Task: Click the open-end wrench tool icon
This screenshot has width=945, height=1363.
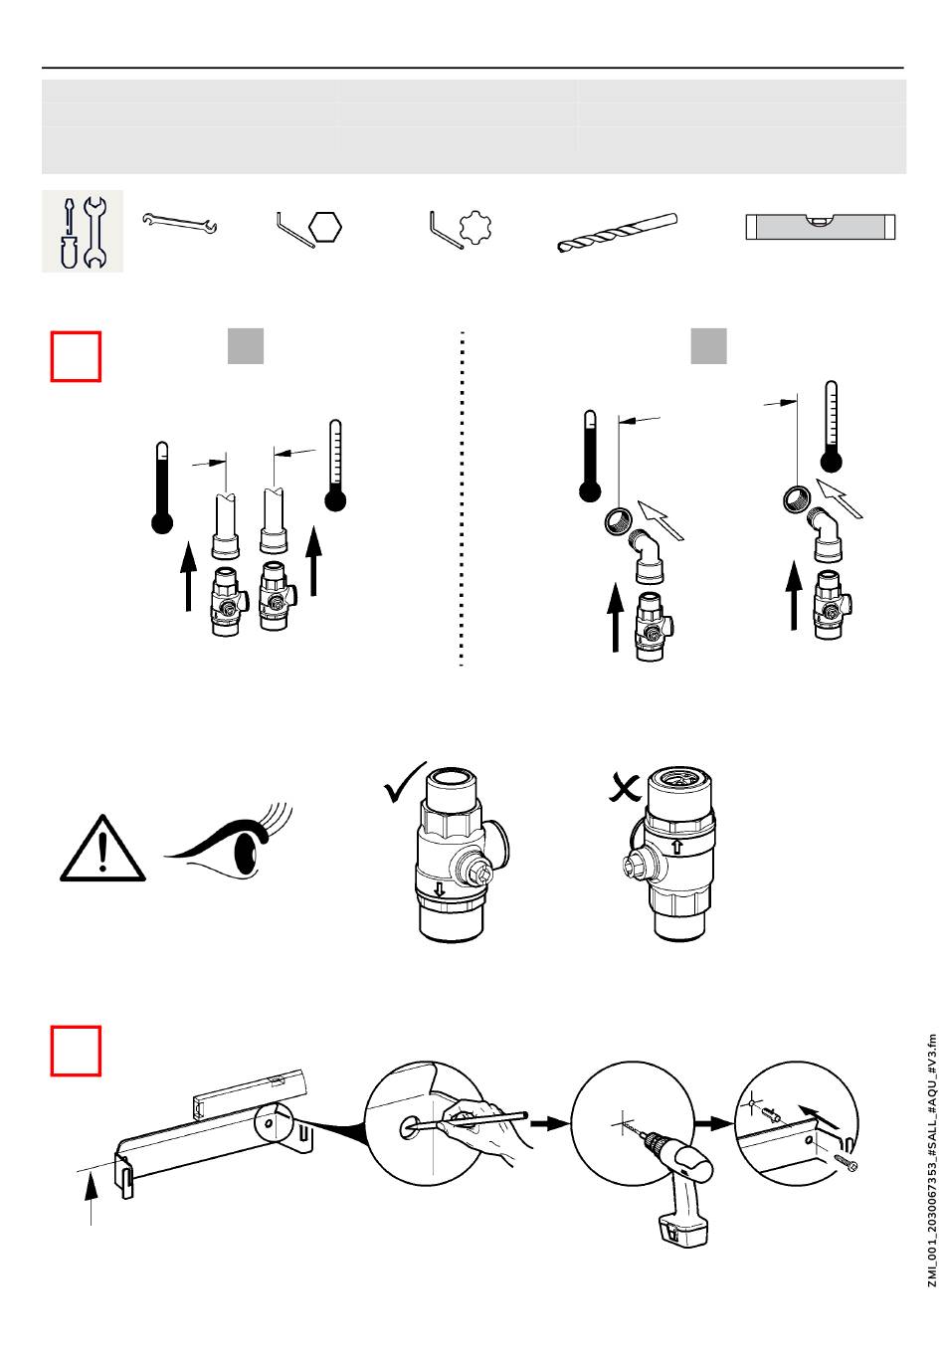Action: (x=179, y=223)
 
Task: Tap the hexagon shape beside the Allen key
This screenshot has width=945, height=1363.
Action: (x=325, y=227)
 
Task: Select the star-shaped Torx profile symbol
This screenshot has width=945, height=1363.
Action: (x=475, y=227)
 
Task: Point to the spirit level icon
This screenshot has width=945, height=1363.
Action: (x=821, y=227)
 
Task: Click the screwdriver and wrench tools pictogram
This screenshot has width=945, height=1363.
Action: (x=83, y=231)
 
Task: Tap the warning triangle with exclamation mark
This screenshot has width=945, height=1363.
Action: (x=102, y=848)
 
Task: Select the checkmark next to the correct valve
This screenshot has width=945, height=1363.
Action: (x=404, y=783)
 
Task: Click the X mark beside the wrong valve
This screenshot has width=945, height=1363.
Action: (x=625, y=789)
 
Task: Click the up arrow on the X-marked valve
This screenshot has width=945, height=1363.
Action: (x=677, y=847)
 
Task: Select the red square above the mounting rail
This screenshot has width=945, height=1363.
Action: (x=76, y=1051)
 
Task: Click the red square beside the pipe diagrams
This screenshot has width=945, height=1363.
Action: (x=76, y=356)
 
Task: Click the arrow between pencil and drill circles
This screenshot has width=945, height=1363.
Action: (x=549, y=1122)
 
